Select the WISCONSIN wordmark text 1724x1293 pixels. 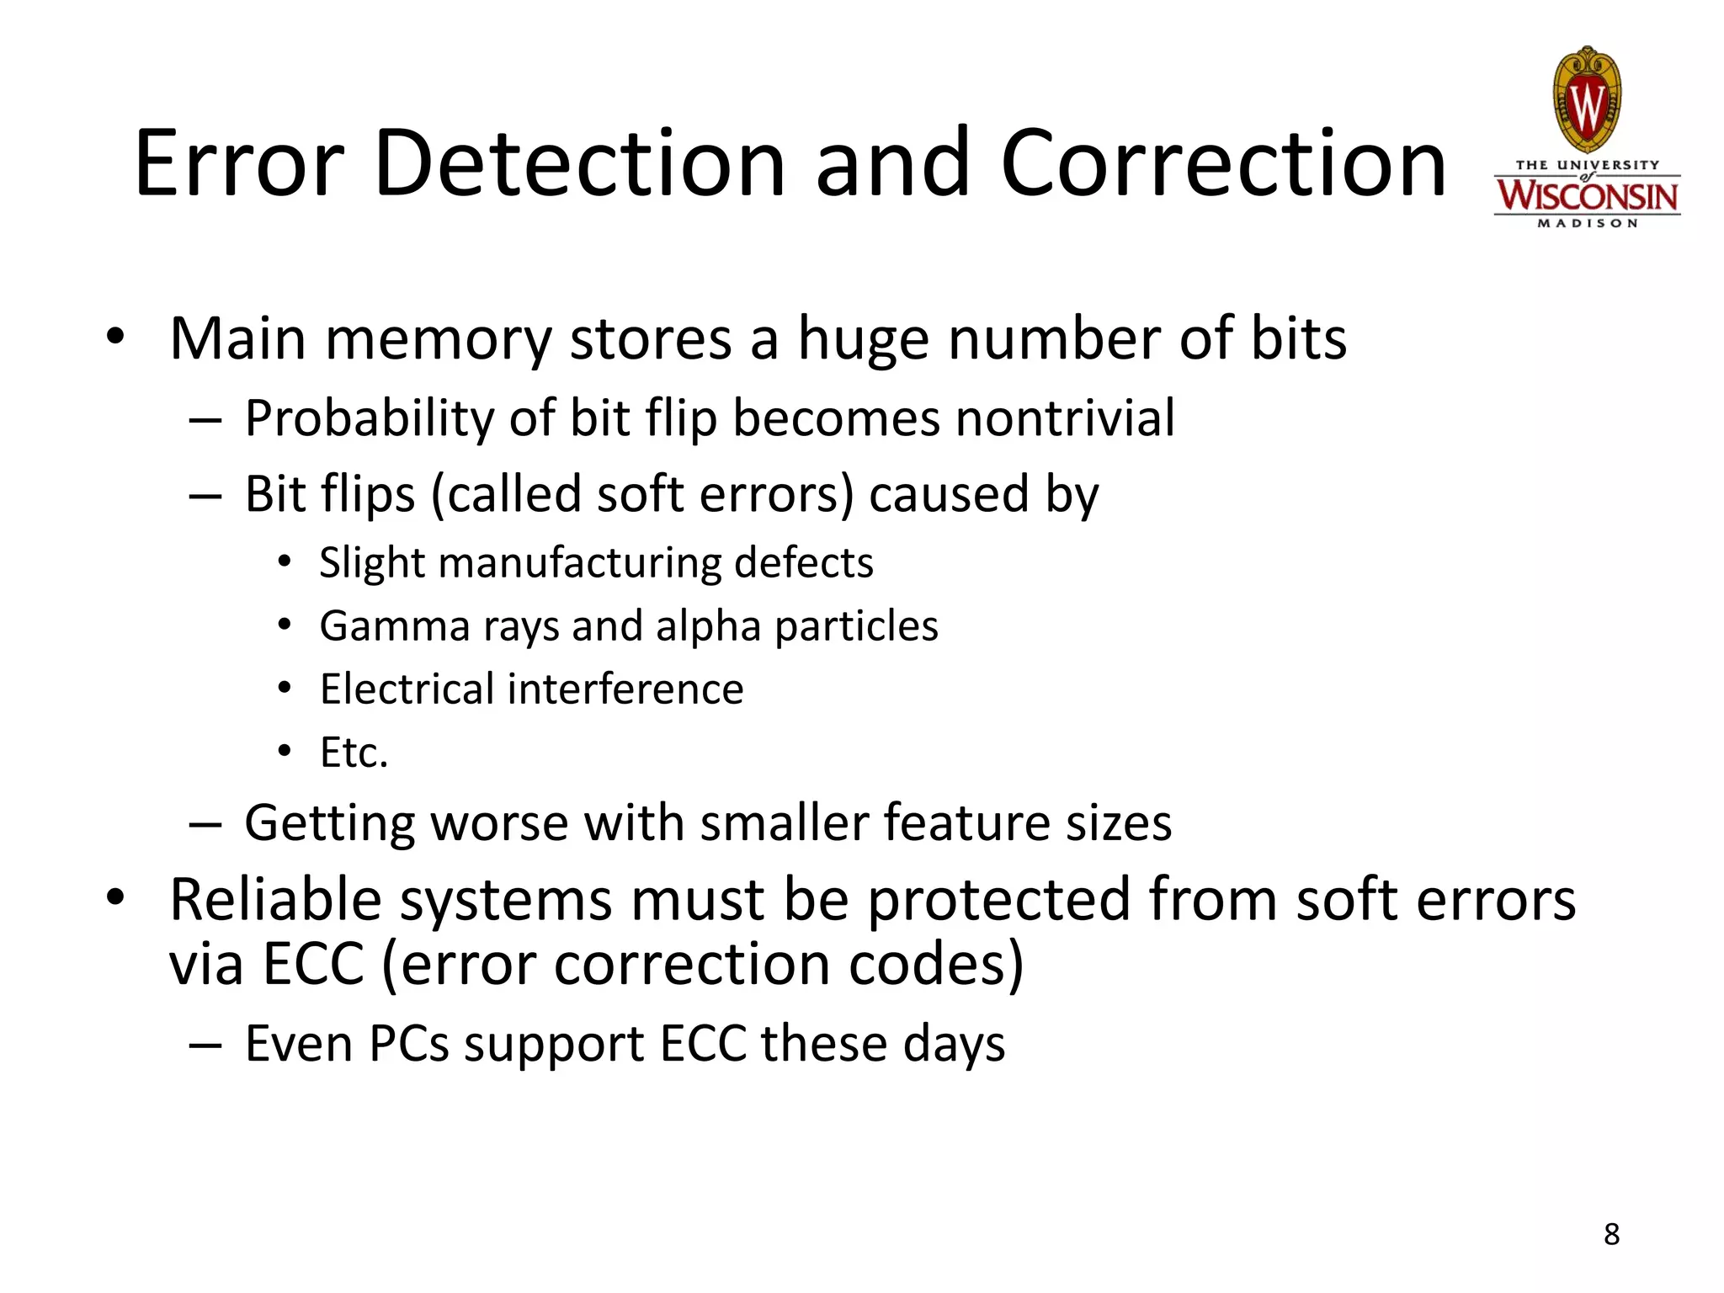1587,196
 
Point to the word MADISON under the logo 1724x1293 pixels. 1587,224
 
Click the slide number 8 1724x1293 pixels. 1611,1234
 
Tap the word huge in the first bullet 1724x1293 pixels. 864,340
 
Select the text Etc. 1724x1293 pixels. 354,753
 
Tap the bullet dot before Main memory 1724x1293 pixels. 115,337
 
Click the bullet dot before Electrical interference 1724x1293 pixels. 285,688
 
